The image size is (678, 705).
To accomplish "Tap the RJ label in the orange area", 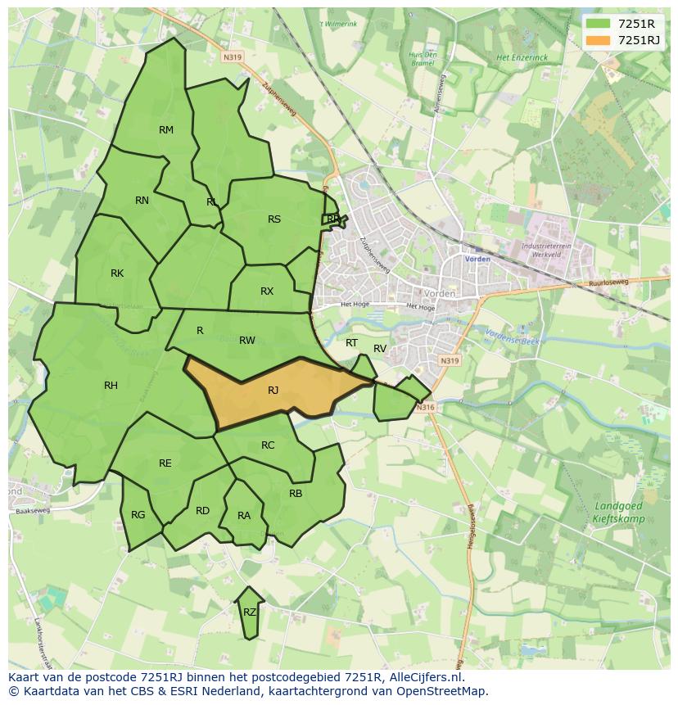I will [x=273, y=391].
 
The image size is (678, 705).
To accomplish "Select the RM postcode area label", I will [x=166, y=130].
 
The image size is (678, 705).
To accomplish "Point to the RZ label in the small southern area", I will [x=250, y=612].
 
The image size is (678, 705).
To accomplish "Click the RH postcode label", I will [x=111, y=386].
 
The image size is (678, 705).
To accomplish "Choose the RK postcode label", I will [x=117, y=273].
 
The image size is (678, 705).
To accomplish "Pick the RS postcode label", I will [x=274, y=219].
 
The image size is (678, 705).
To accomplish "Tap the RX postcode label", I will [x=267, y=291].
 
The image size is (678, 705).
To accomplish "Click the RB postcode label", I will [x=296, y=494].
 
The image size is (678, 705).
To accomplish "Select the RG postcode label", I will [x=138, y=515].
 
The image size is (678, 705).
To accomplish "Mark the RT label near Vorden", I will [x=351, y=343].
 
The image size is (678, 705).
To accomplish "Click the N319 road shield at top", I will [x=232, y=57].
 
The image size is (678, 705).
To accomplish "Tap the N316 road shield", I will [x=423, y=408].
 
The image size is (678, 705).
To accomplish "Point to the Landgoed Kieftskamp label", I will [x=618, y=513].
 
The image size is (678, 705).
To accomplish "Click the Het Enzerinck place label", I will [x=522, y=58].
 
